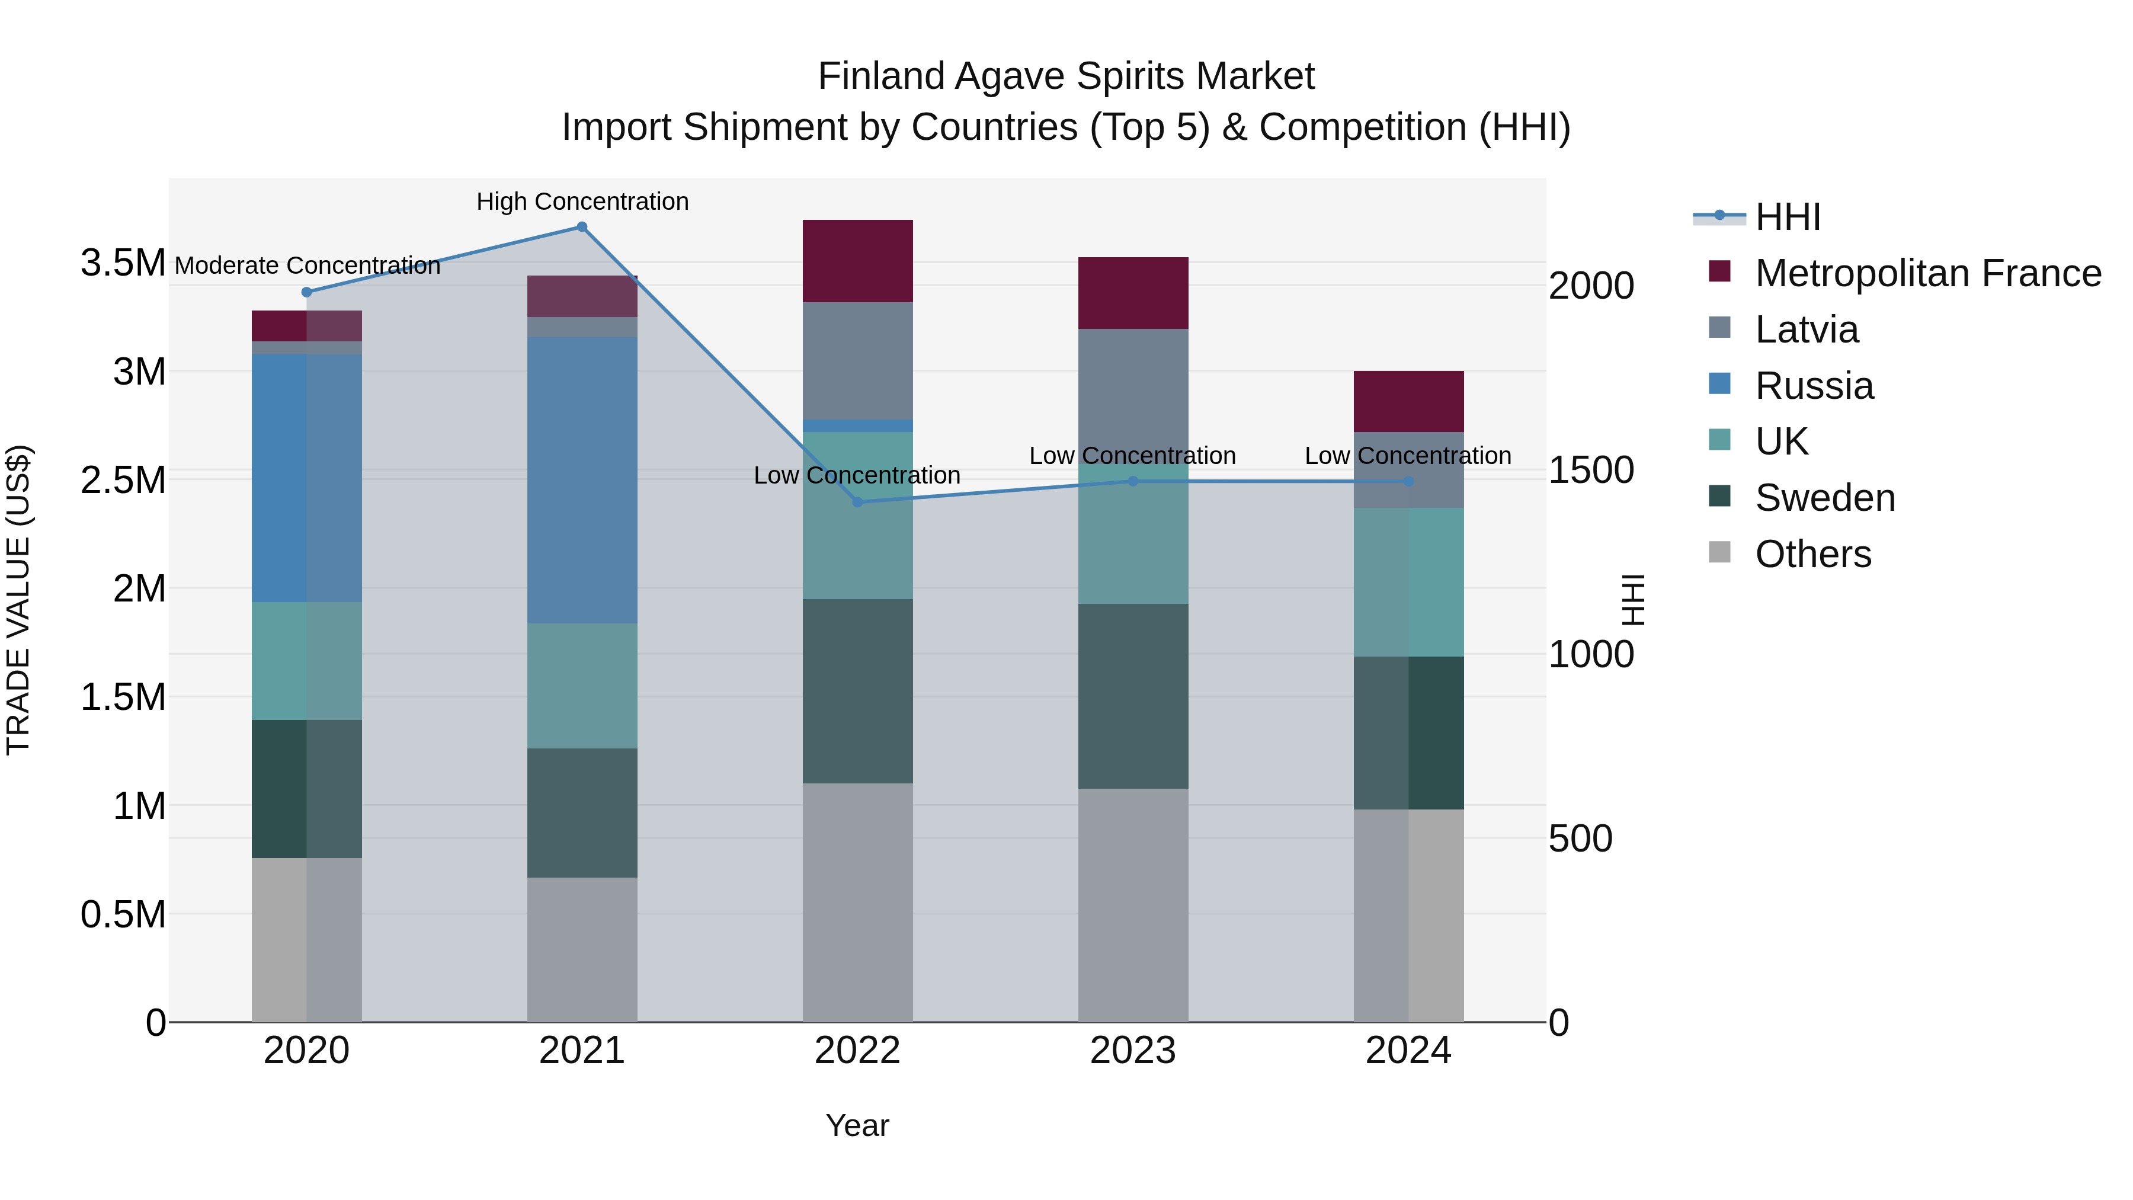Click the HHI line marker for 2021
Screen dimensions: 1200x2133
point(582,227)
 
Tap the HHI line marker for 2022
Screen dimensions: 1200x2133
point(858,502)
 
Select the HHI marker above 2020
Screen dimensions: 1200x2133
point(306,292)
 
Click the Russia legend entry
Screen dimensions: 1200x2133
point(1814,386)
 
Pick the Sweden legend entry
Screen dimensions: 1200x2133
point(1824,498)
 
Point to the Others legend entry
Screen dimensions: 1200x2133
point(1812,554)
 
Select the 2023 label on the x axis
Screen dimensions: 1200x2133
point(1133,1051)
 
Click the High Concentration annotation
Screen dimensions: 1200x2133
point(582,201)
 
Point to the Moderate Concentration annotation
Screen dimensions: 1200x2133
point(307,266)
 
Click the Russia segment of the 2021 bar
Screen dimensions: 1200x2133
point(582,481)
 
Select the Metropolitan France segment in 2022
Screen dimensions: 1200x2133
point(858,261)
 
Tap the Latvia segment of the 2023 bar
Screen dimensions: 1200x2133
point(1133,389)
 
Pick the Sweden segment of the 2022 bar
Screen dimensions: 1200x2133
point(858,691)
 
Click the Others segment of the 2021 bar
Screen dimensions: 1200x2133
point(582,949)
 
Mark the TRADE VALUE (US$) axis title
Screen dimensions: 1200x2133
point(18,600)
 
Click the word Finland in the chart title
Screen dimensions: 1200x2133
point(881,76)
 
